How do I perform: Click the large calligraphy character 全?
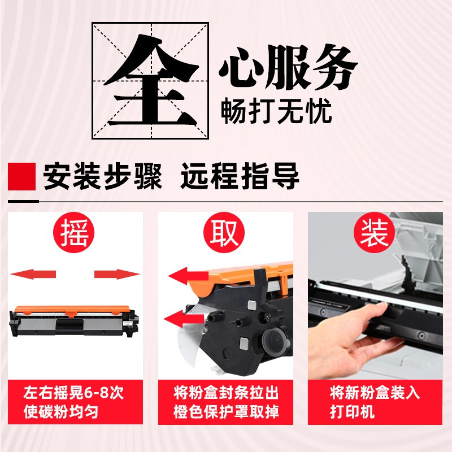point(151,81)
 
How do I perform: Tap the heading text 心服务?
point(288,67)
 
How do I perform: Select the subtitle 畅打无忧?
point(276,111)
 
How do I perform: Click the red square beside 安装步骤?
point(21,176)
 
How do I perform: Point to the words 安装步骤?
point(102,176)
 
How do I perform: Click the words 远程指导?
point(240,176)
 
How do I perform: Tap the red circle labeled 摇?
point(73,233)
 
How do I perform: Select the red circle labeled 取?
point(224,233)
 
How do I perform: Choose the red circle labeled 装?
point(374,233)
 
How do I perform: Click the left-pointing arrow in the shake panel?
point(33,274)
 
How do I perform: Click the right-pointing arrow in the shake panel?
point(117,274)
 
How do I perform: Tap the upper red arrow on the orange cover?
point(188,276)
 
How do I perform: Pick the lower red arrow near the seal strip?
point(184,319)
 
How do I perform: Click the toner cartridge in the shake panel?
point(74,321)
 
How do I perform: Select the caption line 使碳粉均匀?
point(61,411)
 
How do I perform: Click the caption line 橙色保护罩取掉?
point(226,411)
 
